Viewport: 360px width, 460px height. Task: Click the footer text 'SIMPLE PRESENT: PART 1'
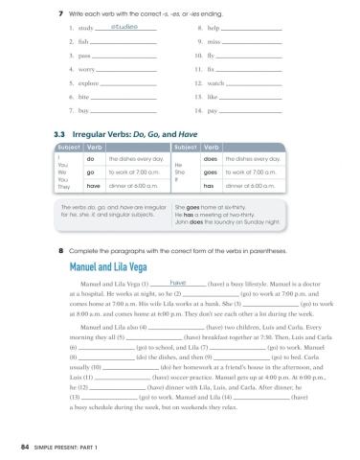(x=65, y=447)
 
